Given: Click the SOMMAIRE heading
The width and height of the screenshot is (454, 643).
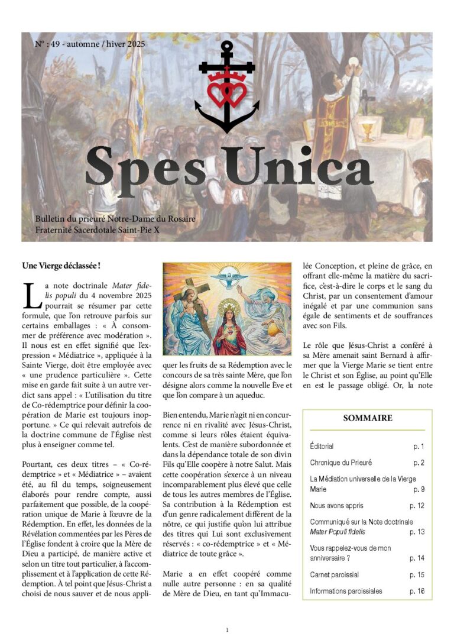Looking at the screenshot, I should pyautogui.click(x=367, y=418).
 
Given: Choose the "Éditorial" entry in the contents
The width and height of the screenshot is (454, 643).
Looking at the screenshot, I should pyautogui.click(x=322, y=446).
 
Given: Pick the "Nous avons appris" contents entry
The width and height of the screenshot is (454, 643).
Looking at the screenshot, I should pyautogui.click(x=336, y=506).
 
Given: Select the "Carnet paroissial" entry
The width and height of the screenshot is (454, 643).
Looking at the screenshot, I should pyautogui.click(x=334, y=574).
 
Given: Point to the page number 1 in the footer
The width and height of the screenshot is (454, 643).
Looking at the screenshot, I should pyautogui.click(x=227, y=630).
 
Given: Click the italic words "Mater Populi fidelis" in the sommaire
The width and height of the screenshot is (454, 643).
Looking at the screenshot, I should pyautogui.click(x=339, y=532).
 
